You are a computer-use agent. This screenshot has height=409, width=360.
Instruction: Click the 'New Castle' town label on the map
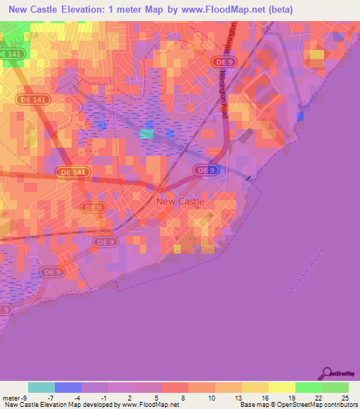point(180,201)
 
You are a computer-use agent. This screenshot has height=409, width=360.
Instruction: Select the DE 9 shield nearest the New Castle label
point(202,170)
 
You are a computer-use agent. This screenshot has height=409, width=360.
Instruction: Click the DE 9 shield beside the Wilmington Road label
point(219,61)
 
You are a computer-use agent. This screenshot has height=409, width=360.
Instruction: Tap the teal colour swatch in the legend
point(41,387)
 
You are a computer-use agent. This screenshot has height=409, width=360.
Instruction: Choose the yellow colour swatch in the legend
point(281,387)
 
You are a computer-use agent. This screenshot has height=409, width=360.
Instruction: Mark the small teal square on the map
point(146,134)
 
